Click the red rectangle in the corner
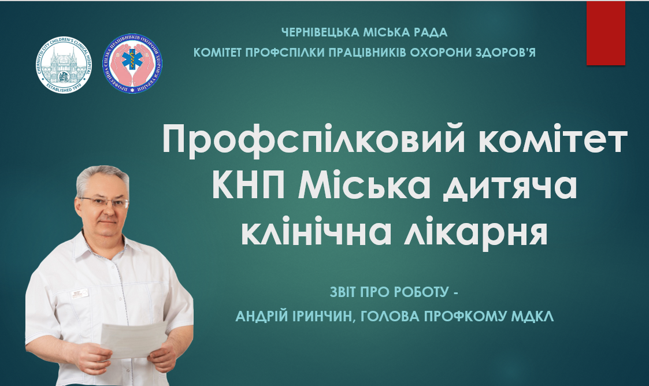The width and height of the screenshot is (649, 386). pos(606,33)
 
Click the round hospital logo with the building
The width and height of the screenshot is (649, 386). pos(64,65)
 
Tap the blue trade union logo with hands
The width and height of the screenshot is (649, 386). pos(132,64)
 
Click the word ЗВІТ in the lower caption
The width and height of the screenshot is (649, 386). pos(344,292)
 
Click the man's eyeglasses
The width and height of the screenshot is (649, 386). pos(105,202)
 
